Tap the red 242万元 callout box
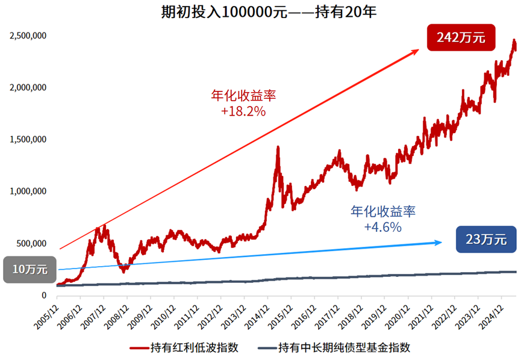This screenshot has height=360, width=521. point(460,37)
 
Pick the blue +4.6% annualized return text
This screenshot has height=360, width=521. point(382,227)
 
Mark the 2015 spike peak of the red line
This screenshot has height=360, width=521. point(278,147)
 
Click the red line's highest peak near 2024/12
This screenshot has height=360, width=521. point(514,41)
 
